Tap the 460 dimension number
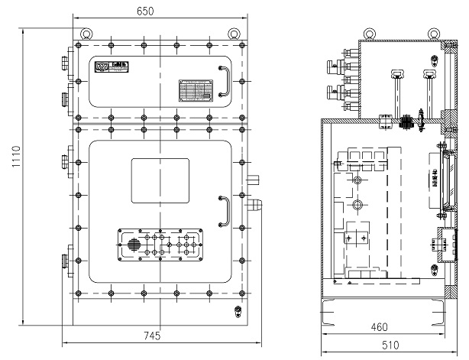pyautogui.click(x=379, y=327)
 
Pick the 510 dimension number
pyautogui.click(x=390, y=345)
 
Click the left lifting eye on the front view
pyautogui.click(x=86, y=33)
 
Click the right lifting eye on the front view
pyautogui.click(x=234, y=33)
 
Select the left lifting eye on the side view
pyautogui.click(x=370, y=34)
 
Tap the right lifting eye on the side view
pyautogui.click(x=434, y=34)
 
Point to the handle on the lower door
pyautogui.click(x=224, y=211)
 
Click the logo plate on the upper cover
pyautogui.click(x=108, y=68)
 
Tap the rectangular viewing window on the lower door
pyautogui.click(x=160, y=181)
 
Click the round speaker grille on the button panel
pyautogui.click(x=134, y=245)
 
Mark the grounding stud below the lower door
pyautogui.click(x=237, y=312)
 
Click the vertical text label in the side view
pyautogui.click(x=435, y=180)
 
